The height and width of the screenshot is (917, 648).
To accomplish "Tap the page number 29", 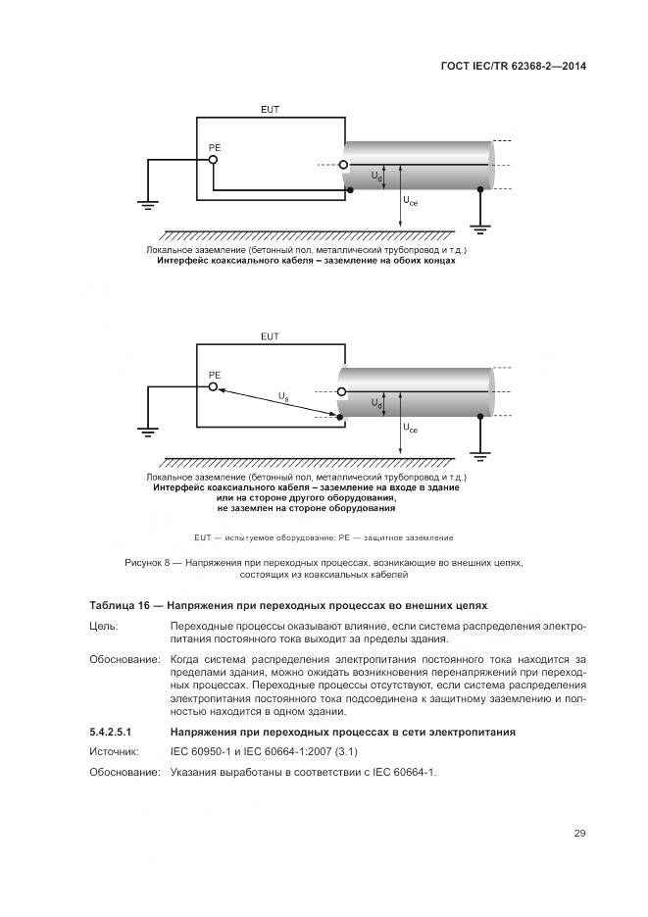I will point(579,834).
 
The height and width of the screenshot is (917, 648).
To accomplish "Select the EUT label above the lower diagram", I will point(270,336).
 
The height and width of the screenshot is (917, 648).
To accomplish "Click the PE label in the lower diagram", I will point(215,375).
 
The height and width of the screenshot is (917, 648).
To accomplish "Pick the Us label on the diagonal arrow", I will point(283,396).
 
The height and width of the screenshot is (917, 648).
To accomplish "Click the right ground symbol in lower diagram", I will point(480,454).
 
